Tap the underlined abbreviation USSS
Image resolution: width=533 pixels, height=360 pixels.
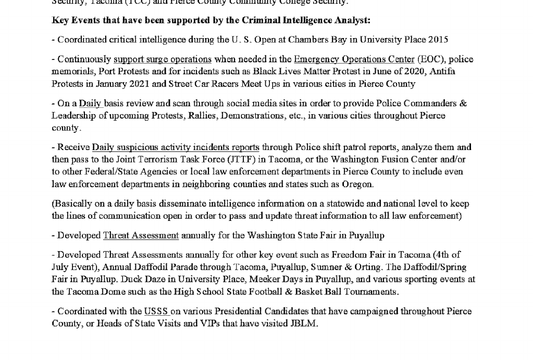tap(156, 312)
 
